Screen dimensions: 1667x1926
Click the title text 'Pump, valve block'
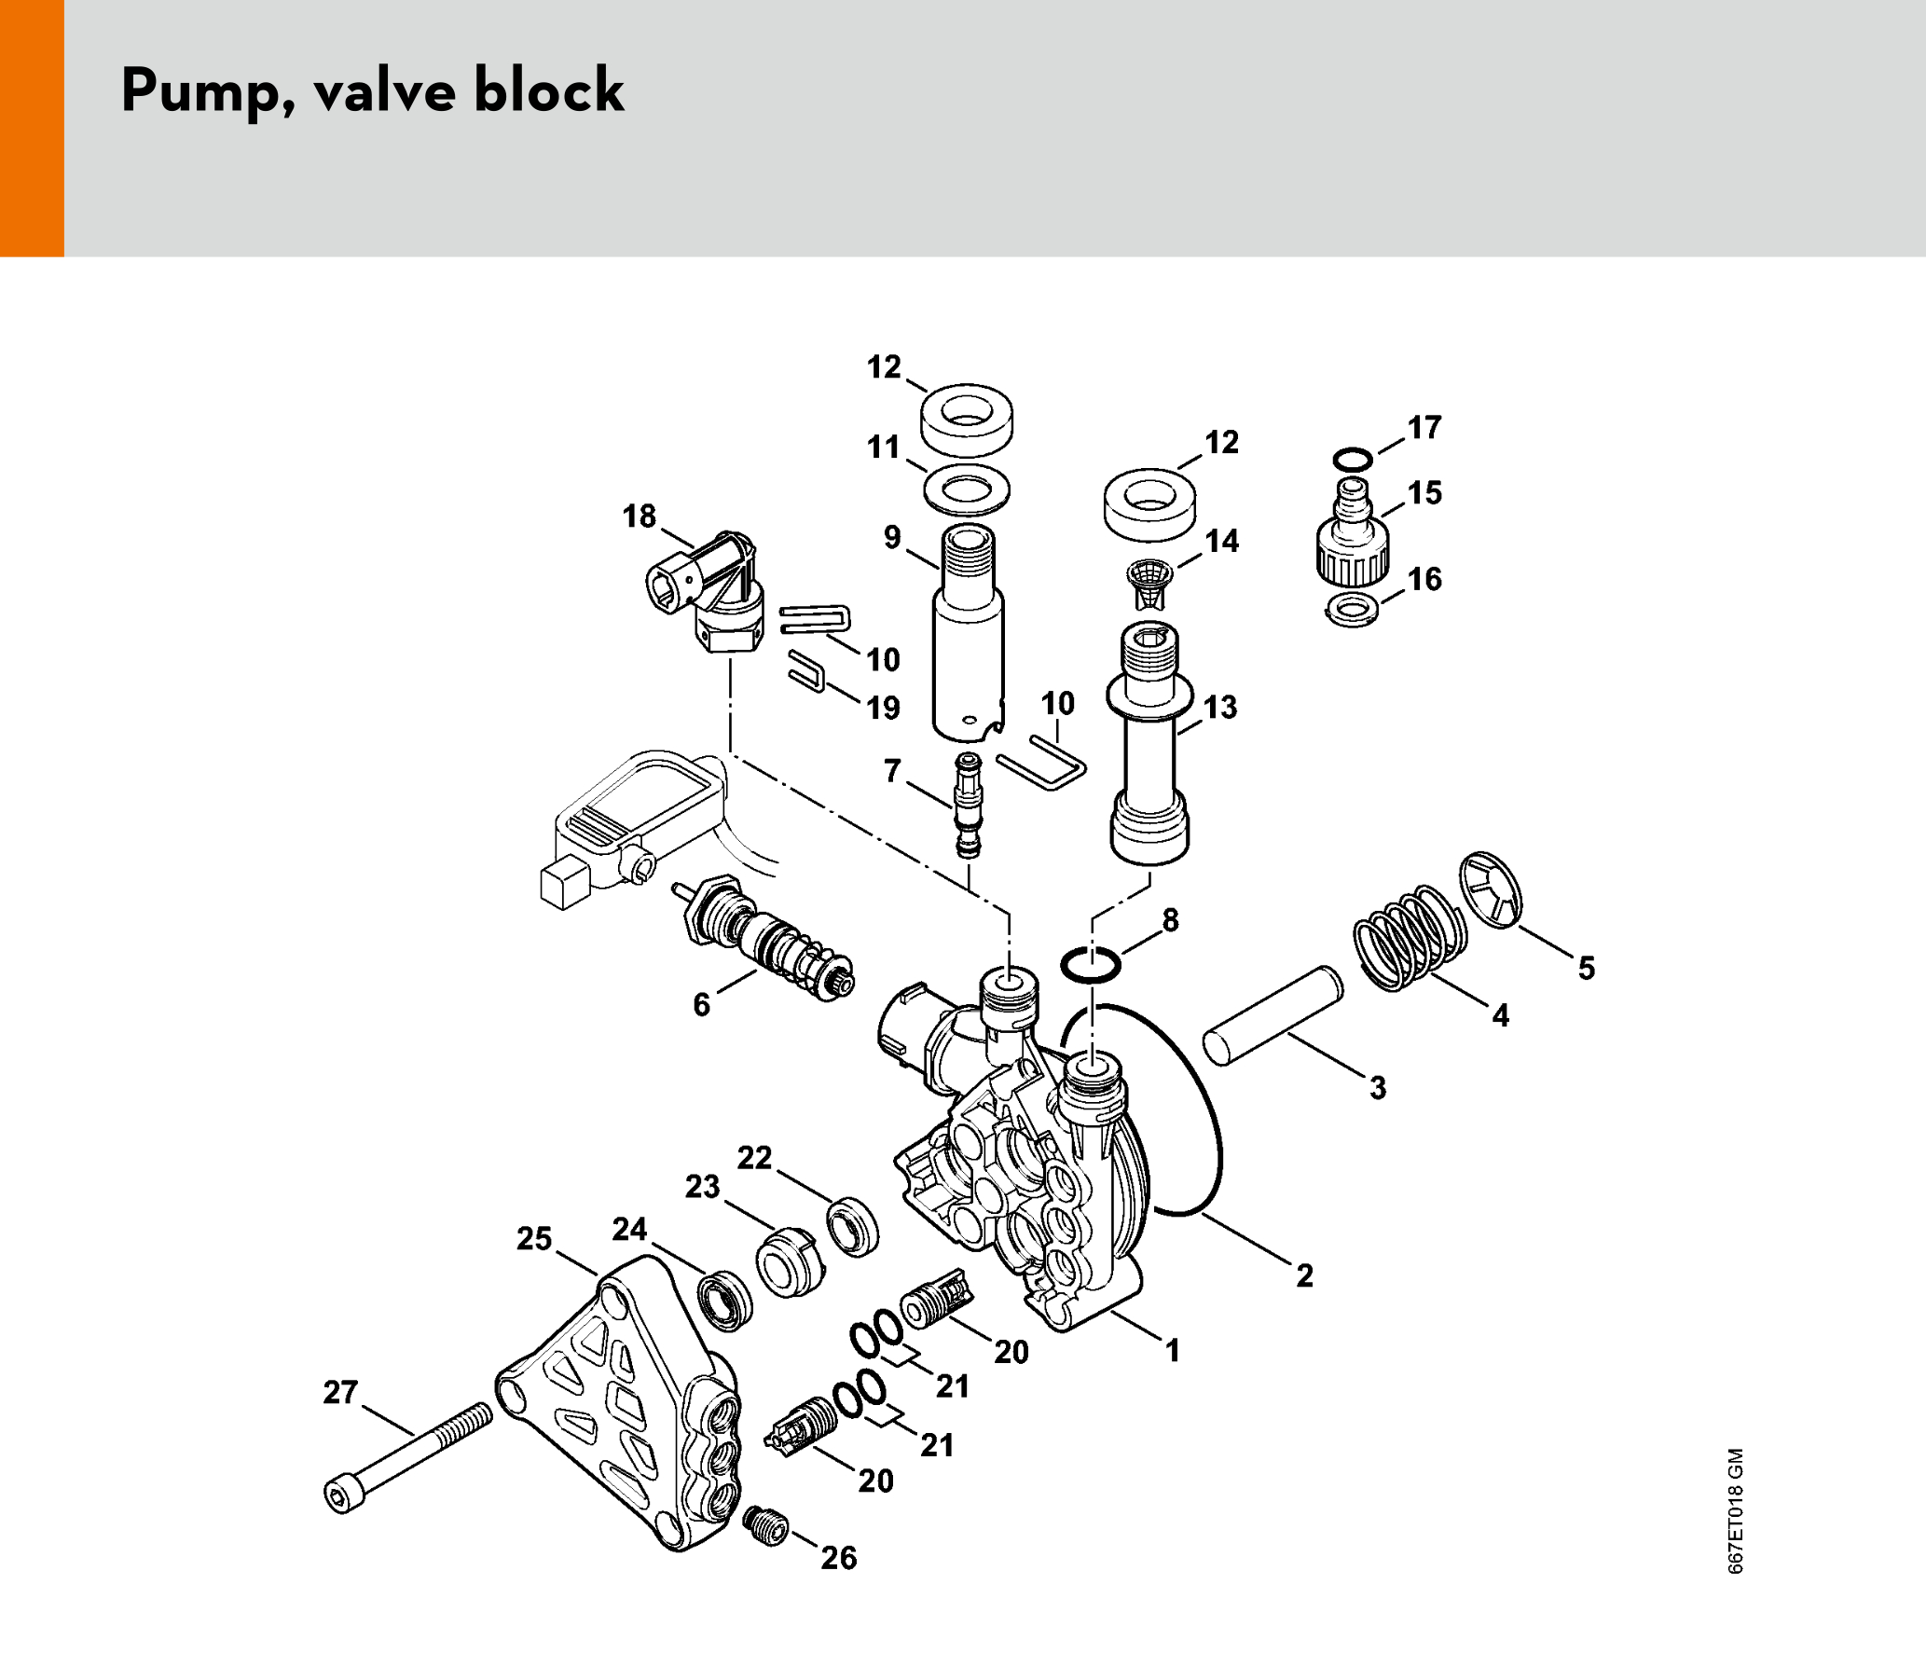pyautogui.click(x=372, y=91)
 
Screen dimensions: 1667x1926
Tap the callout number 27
pyautogui.click(x=340, y=1392)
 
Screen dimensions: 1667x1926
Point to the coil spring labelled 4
pyautogui.click(x=1408, y=938)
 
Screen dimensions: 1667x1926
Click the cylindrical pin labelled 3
pyautogui.click(x=1273, y=1015)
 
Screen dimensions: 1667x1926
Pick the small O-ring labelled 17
pyautogui.click(x=1352, y=460)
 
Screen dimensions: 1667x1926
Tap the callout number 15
pyautogui.click(x=1424, y=492)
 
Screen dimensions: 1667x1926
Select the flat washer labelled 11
pyautogui.click(x=967, y=488)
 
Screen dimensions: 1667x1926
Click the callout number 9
pyautogui.click(x=892, y=537)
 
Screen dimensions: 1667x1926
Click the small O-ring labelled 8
pyautogui.click(x=1091, y=965)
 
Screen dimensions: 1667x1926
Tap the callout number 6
pyautogui.click(x=701, y=1004)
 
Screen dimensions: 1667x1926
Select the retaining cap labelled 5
pyautogui.click(x=1490, y=890)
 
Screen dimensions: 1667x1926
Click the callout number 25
pyautogui.click(x=534, y=1238)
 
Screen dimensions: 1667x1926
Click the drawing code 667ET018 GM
pyautogui.click(x=1735, y=1511)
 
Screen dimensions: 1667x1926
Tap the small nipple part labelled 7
pyautogui.click(x=969, y=806)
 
